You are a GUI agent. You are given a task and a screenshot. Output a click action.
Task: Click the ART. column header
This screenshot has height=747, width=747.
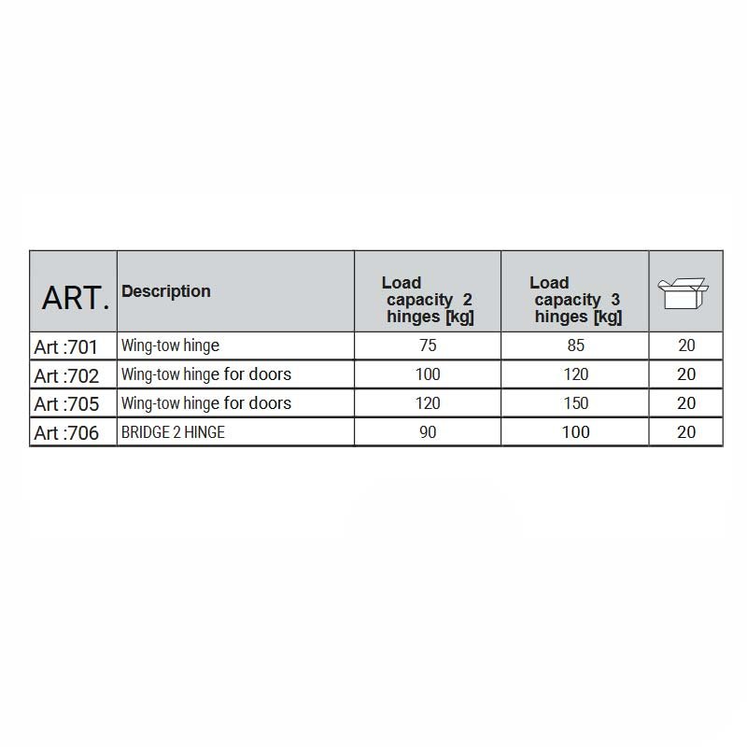pyautogui.click(x=75, y=297)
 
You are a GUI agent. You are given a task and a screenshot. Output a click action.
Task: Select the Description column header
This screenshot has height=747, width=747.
pyautogui.click(x=166, y=291)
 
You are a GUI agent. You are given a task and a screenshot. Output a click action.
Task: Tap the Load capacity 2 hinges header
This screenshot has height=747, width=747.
pyautogui.click(x=428, y=300)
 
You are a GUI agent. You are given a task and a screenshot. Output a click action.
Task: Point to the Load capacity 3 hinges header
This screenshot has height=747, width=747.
pyautogui.click(x=575, y=300)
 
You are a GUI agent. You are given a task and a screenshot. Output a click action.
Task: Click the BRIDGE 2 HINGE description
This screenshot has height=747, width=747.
pyautogui.click(x=173, y=432)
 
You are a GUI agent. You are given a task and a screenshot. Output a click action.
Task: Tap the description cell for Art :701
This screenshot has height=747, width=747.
pyautogui.click(x=170, y=345)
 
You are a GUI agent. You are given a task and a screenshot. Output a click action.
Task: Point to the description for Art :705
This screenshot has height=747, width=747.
pyautogui.click(x=205, y=403)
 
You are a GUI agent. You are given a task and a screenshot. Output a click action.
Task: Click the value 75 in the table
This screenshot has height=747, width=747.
pyautogui.click(x=428, y=345)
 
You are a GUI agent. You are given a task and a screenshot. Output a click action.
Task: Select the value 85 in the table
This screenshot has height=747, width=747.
pyautogui.click(x=575, y=345)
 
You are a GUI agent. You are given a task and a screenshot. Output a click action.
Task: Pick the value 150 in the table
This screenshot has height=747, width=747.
pyautogui.click(x=575, y=403)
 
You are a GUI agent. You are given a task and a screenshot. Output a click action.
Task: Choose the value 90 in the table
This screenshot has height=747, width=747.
pyautogui.click(x=428, y=432)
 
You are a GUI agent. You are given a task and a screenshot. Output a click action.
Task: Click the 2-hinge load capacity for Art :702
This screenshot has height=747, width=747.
pyautogui.click(x=428, y=374)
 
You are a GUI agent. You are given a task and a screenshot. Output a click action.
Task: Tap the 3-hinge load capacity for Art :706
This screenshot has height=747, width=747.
pyautogui.click(x=575, y=432)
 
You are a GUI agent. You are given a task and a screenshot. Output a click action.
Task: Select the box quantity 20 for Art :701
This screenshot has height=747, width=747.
pyautogui.click(x=686, y=345)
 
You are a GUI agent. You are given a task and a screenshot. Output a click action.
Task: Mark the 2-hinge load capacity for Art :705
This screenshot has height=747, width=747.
pyautogui.click(x=428, y=403)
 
